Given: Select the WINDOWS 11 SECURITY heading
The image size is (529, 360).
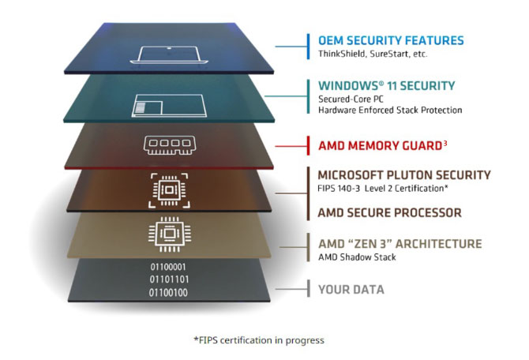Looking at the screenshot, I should pos(387,85).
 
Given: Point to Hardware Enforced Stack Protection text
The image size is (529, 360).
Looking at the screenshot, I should pos(390,111).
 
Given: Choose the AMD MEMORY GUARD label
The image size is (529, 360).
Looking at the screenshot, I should pos(374,145).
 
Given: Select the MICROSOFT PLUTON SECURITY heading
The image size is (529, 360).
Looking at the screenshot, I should pos(403,174).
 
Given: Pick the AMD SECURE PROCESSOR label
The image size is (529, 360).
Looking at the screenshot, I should pos(389,212).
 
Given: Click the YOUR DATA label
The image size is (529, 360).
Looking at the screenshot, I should pos(351,289).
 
